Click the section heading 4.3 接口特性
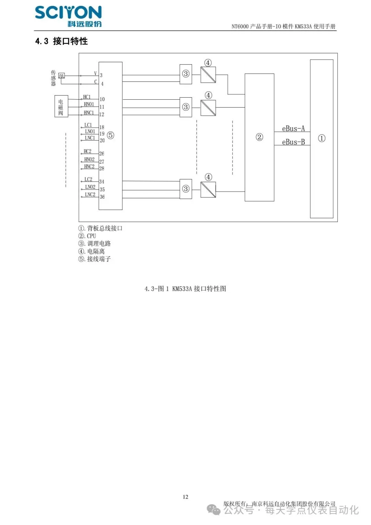coord(61,41)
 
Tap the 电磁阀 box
coord(61,107)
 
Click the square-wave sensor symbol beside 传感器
coord(61,75)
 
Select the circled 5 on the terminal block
coord(111,135)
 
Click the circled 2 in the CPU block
coord(259,137)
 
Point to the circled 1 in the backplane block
coord(322,138)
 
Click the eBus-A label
coord(293,129)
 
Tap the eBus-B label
coord(293,142)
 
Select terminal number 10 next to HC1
coord(102,99)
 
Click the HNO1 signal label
coord(89,104)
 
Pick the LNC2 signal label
coord(90,195)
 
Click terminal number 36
coord(102,197)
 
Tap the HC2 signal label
coord(88,151)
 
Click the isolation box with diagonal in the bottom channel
coord(208,189)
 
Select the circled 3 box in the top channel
coord(186,74)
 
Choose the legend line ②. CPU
coord(87,236)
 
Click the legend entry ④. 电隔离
coord(91,251)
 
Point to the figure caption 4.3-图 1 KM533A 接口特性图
coord(185,289)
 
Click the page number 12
coord(185,497)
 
